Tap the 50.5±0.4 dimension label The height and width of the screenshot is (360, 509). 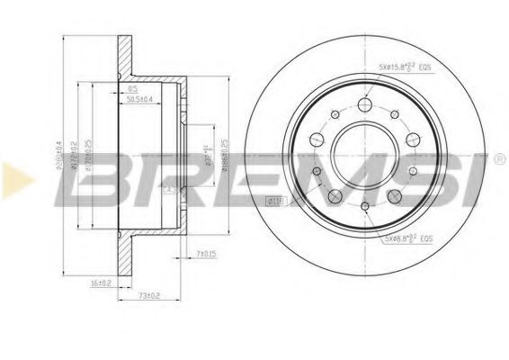(x=139, y=98)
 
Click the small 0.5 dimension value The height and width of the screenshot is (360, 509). (x=133, y=88)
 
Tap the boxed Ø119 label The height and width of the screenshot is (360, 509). (x=274, y=200)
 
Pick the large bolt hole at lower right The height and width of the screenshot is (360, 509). (x=395, y=196)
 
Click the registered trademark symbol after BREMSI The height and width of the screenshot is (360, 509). (x=498, y=160)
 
